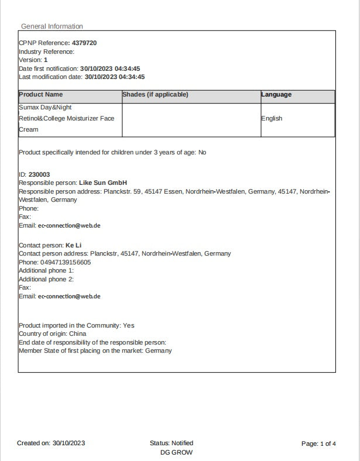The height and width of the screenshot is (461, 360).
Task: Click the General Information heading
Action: [52, 26]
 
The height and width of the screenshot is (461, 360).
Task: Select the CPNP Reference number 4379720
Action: [84, 43]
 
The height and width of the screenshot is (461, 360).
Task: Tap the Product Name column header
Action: [41, 95]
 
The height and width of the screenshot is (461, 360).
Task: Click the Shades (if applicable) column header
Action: [155, 95]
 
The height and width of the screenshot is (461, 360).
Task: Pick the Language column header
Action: [276, 95]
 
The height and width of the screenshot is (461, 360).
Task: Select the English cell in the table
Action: [272, 118]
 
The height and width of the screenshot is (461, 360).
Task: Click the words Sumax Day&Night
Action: [45, 108]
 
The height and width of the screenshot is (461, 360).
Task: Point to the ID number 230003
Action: [39, 174]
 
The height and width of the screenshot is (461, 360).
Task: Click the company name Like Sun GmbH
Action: [103, 183]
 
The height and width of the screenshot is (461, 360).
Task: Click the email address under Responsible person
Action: [69, 226]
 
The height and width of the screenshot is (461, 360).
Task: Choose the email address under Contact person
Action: [69, 297]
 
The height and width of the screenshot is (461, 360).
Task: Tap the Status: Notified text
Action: [172, 443]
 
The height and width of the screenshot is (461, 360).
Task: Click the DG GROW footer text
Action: [176, 452]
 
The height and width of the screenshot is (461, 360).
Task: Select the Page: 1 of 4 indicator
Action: [318, 443]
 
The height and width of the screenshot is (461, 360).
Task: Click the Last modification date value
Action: [115, 77]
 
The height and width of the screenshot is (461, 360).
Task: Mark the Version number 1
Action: [46, 60]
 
